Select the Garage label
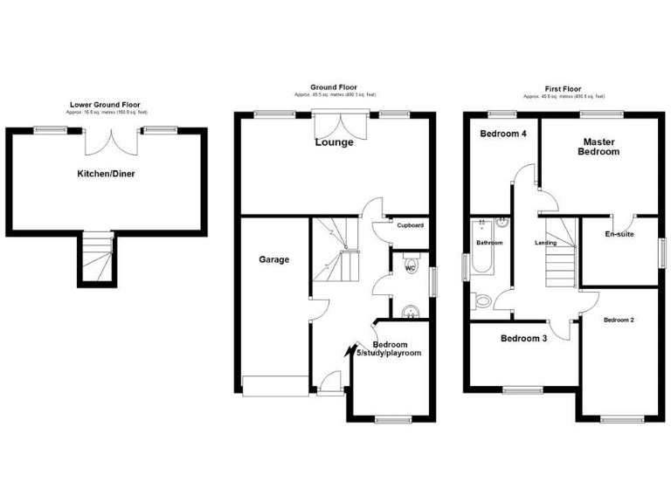pyautogui.click(x=273, y=259)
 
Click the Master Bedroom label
pyautogui.click(x=598, y=147)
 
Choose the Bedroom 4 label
pyautogui.click(x=502, y=134)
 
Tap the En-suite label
pyautogui.click(x=619, y=234)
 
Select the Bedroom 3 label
pyautogui.click(x=523, y=338)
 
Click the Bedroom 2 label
pyautogui.click(x=619, y=320)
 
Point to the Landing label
pyautogui.click(x=545, y=243)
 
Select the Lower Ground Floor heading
pyautogui.click(x=107, y=106)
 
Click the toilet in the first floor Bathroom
pyautogui.click(x=483, y=302)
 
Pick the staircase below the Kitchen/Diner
pyautogui.click(x=99, y=259)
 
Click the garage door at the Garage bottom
pyautogui.click(x=275, y=385)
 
